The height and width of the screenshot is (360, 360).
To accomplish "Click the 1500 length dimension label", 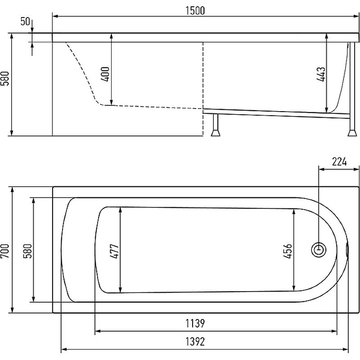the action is [x=195, y=11].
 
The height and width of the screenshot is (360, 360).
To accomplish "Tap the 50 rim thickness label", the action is [x=25, y=22].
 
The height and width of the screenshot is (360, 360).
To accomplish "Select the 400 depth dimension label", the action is [x=105, y=74].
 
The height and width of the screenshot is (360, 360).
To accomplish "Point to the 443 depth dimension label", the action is [x=321, y=74].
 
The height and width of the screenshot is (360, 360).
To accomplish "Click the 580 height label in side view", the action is [x=5, y=78].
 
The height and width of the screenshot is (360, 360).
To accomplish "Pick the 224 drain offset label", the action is [x=339, y=162].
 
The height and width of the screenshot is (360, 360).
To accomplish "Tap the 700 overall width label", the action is [x=5, y=251].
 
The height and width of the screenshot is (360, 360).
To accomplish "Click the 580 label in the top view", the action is [x=28, y=251].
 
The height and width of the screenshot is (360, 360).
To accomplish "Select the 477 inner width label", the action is [x=115, y=251].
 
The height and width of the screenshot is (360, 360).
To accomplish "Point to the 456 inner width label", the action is [x=288, y=251].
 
